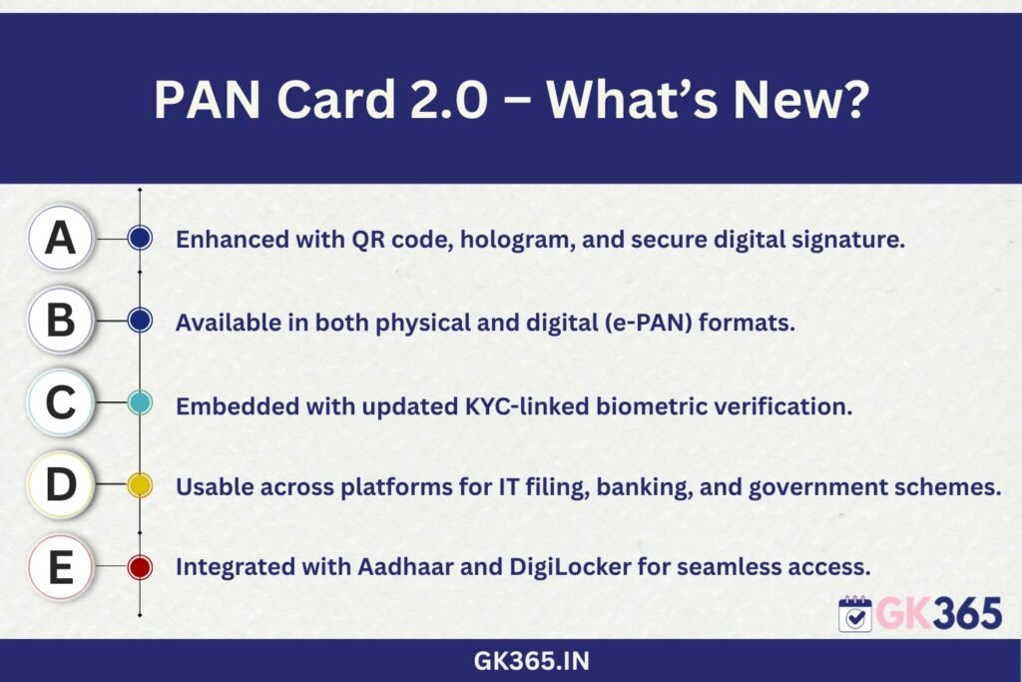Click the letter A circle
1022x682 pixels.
tap(61, 238)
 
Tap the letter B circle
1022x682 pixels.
tap(61, 321)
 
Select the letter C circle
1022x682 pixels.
tap(61, 402)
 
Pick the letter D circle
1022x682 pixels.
tap(61, 485)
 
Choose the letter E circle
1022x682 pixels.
tap(61, 566)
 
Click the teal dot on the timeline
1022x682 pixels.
tap(140, 403)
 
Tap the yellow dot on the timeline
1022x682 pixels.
tap(140, 485)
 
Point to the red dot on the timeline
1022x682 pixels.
tap(140, 567)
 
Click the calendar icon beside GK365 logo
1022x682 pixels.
tap(855, 613)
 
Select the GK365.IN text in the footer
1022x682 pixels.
tap(531, 661)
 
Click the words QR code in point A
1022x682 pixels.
tap(402, 240)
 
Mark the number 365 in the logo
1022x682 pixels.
tap(967, 613)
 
